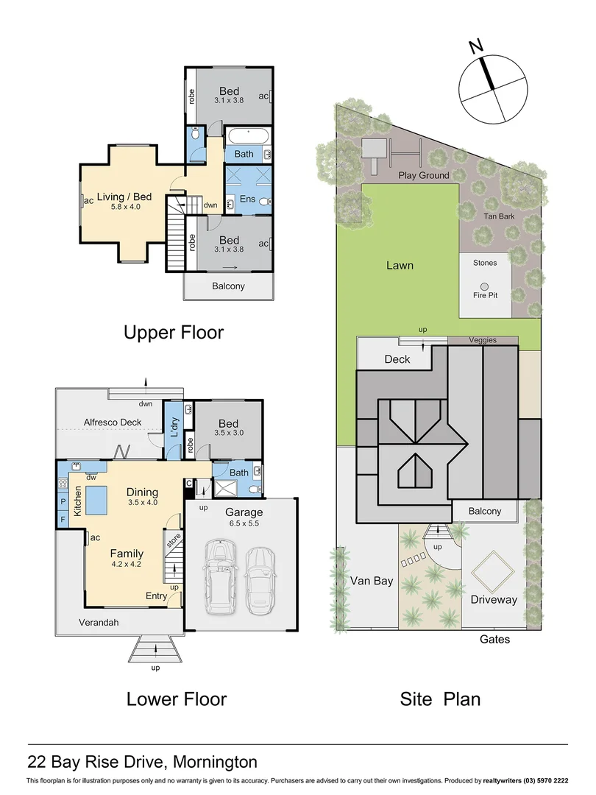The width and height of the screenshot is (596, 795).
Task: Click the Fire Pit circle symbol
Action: point(484,286)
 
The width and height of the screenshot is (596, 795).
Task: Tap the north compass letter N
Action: point(477,47)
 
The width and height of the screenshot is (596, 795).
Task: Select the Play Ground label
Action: point(423,176)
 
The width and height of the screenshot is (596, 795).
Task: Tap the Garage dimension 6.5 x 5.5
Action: point(244,524)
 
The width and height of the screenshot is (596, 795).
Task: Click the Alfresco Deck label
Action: point(111,423)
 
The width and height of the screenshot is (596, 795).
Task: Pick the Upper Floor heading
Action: point(174,333)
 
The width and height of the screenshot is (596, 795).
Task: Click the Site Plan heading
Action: point(440,698)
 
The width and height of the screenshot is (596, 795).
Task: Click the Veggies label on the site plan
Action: point(483,340)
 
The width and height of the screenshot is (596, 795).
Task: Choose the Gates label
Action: point(494,640)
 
